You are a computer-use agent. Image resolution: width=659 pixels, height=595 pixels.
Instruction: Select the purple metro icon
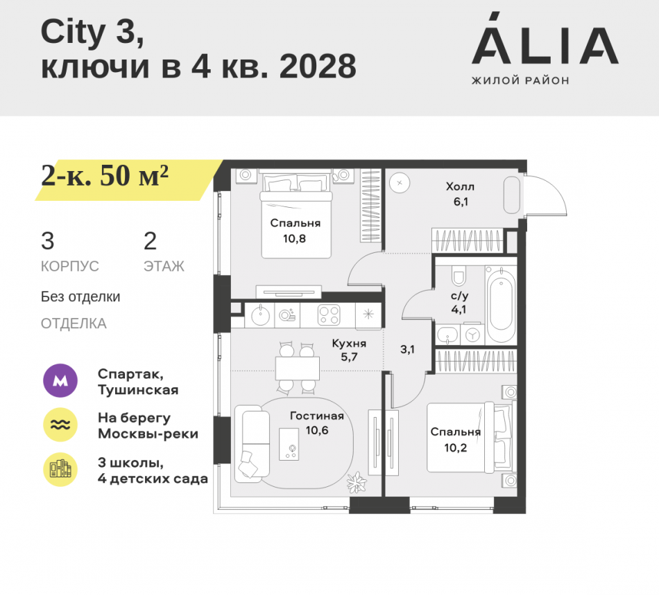click(x=60, y=381)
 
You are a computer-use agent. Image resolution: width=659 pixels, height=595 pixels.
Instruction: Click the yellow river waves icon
click(x=60, y=425)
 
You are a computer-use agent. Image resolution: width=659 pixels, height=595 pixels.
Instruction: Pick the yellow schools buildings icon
click(x=60, y=470)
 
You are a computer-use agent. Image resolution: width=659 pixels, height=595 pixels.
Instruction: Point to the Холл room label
click(x=461, y=186)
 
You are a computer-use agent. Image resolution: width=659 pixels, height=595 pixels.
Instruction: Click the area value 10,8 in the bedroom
click(x=295, y=238)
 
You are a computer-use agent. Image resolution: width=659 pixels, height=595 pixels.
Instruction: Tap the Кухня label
click(x=349, y=343)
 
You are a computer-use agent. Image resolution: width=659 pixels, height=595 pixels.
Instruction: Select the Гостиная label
click(x=317, y=416)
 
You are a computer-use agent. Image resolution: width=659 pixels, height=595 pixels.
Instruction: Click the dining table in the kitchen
click(x=297, y=368)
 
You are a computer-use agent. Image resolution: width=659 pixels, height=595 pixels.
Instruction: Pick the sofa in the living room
click(x=251, y=443)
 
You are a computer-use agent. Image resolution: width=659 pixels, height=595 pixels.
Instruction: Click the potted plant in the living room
click(x=359, y=481)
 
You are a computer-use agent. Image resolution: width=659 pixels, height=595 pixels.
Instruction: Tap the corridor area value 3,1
click(x=407, y=349)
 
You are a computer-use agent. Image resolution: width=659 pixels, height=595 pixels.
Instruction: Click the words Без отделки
click(x=80, y=296)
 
